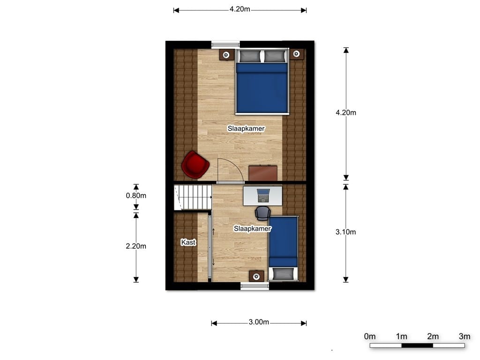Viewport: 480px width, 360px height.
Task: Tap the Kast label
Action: coord(188,242)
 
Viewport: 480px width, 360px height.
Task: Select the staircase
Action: coord(192,197)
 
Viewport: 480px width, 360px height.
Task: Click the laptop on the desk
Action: coord(263,194)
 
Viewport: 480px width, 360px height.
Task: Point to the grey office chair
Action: coord(263,213)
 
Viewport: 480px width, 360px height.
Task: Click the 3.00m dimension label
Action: coord(259,322)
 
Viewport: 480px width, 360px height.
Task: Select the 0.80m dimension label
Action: coord(136,196)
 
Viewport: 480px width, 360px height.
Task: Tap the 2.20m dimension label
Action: coord(136,246)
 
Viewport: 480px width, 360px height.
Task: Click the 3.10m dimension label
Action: coord(346,232)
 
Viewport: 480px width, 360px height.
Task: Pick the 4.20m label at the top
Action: coord(240,9)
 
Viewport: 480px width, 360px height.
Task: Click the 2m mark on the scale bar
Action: coord(433,336)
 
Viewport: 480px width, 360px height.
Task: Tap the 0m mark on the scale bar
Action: coord(370,336)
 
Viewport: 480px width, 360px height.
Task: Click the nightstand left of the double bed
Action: coord(226,54)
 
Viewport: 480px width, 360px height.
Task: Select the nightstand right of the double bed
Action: coord(296,54)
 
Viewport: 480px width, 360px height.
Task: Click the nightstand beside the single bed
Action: coord(256,277)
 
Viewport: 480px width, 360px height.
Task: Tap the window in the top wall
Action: coord(225,45)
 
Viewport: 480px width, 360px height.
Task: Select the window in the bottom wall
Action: coord(255,286)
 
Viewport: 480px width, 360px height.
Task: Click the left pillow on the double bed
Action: coord(249,57)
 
